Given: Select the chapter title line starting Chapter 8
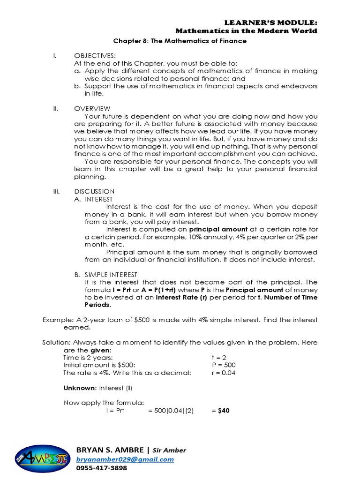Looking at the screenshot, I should click(180, 41).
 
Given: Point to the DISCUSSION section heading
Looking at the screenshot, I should click(94, 191).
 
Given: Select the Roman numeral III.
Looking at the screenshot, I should click(55, 191).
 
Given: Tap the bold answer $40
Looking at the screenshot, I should click(220, 411).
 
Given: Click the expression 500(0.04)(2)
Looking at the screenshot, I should click(171, 411).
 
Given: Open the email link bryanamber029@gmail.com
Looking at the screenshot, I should click(125, 459).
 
